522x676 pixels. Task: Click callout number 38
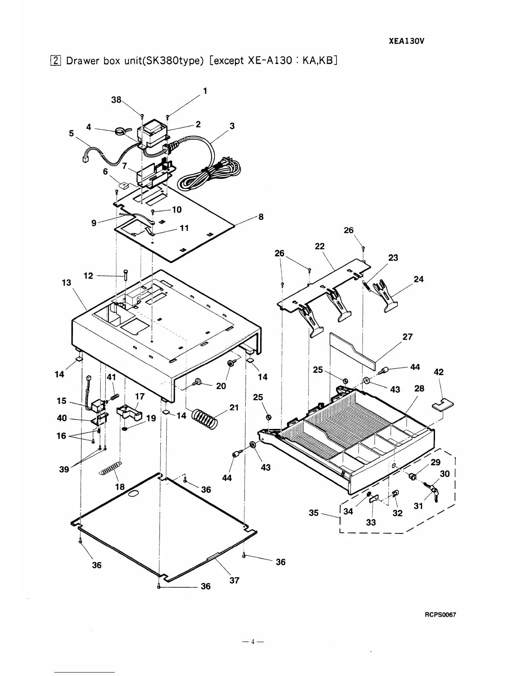[x=116, y=99]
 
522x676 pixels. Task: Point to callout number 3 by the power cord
[x=232, y=126]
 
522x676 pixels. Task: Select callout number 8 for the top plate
[x=261, y=217]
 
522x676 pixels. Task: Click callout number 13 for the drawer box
[x=67, y=283]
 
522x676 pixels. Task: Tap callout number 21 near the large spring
[x=234, y=407]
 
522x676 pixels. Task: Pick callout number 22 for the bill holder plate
[x=319, y=246]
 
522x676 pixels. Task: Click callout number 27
[x=407, y=337]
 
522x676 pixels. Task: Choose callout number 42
[x=438, y=372]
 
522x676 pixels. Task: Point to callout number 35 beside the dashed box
[x=313, y=513]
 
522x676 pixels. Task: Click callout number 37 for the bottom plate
[x=234, y=580]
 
